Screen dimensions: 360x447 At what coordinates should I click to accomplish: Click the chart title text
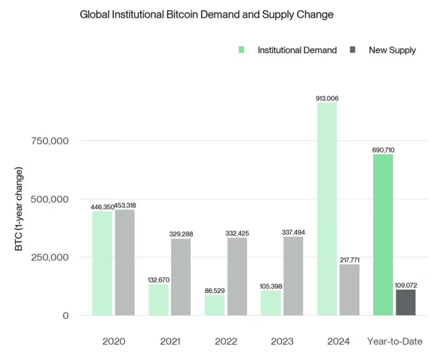click(207, 15)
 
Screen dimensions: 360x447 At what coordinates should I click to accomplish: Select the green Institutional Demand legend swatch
click(241, 50)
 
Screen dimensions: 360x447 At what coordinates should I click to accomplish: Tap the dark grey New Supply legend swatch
click(352, 50)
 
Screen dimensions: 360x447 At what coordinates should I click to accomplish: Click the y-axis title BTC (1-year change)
click(19, 209)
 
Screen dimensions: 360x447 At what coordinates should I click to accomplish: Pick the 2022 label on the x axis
click(226, 341)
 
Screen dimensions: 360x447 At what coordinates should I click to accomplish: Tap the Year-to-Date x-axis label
click(395, 341)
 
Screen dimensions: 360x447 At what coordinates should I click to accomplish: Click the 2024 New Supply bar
click(350, 290)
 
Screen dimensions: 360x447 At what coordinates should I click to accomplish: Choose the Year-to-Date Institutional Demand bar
click(383, 235)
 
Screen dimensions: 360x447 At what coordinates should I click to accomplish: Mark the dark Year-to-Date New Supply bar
click(405, 303)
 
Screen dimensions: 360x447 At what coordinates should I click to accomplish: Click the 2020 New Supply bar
click(125, 263)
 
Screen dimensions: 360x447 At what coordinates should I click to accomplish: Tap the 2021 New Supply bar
click(181, 277)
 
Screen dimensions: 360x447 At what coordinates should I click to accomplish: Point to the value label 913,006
click(327, 98)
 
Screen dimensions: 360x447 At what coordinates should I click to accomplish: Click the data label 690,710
click(383, 150)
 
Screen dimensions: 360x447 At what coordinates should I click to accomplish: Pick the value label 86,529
click(215, 291)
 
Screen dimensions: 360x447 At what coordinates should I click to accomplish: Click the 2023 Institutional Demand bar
click(271, 303)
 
